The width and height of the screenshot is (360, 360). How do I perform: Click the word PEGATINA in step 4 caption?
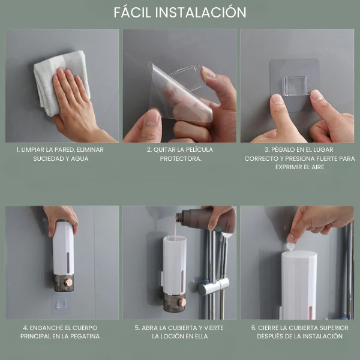83,337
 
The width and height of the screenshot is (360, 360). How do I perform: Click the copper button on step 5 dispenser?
181,302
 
